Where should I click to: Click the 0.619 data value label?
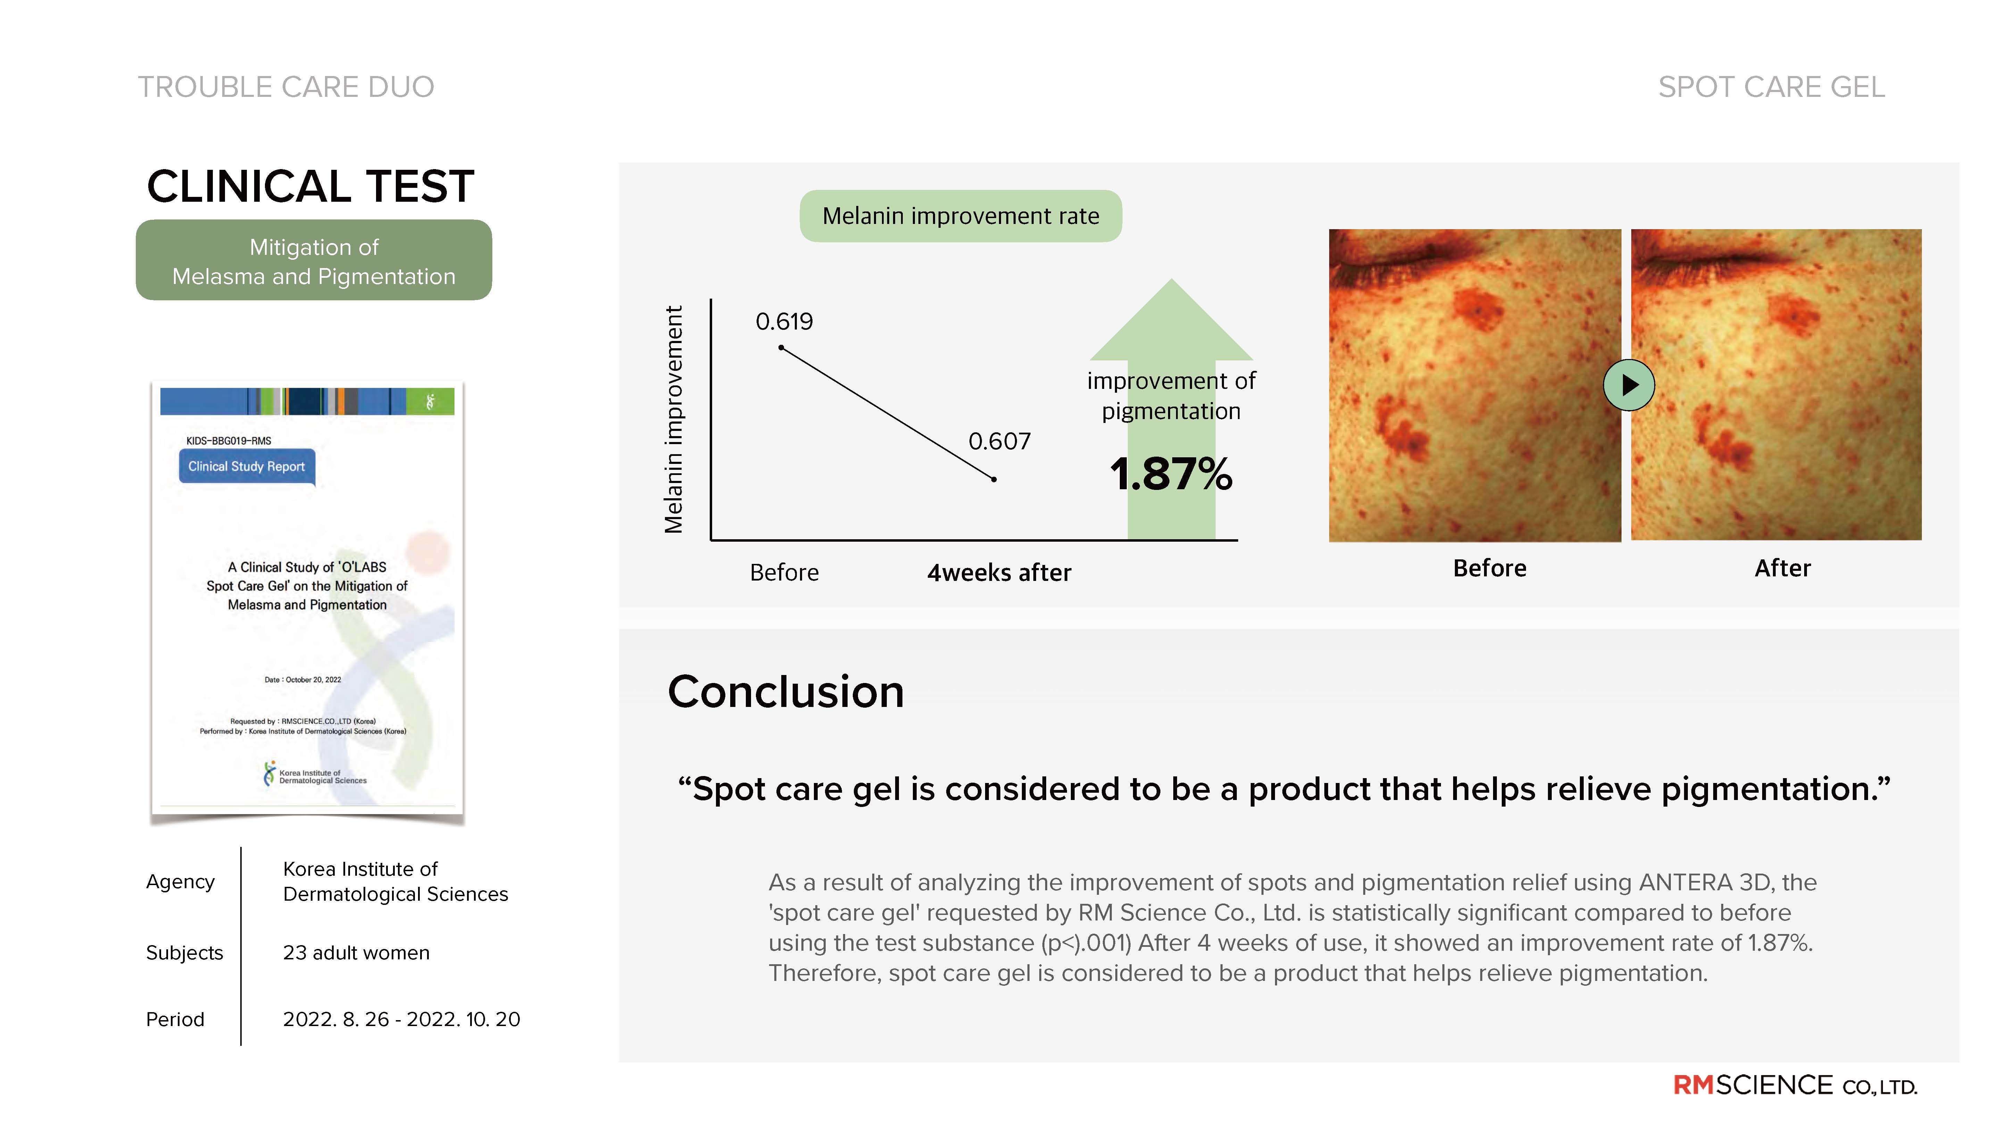784,322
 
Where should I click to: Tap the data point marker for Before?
781,347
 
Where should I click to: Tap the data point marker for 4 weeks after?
994,479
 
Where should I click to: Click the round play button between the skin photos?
1629,385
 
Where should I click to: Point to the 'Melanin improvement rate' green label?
960,216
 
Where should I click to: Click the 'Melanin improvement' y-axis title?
674,419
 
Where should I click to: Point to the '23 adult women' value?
356,953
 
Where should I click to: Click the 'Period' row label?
175,1019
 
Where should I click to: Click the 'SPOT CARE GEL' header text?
1772,87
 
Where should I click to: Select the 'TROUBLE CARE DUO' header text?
286,87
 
